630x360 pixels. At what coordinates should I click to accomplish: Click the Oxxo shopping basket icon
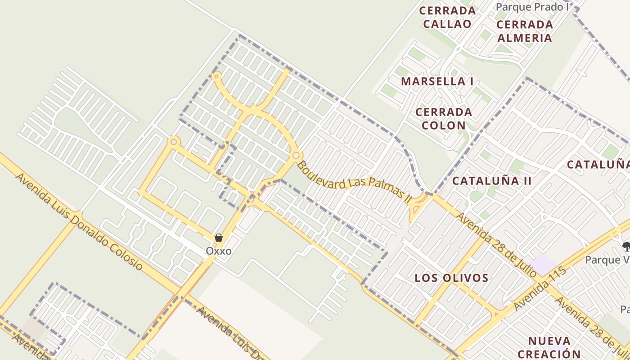coord(219,238)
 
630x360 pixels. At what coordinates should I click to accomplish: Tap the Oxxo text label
coord(219,251)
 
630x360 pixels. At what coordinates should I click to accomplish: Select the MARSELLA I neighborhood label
coord(437,81)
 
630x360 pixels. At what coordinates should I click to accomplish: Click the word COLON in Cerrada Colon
coord(444,125)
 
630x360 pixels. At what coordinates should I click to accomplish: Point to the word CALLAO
coord(447,24)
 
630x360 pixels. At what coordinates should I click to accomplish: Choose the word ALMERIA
coord(524,37)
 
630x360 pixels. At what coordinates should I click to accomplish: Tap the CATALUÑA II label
coord(492,181)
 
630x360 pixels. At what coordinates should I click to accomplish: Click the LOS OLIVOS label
coord(451,278)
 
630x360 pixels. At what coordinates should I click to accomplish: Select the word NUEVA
coord(549,341)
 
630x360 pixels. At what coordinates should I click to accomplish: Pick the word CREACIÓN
coord(549,354)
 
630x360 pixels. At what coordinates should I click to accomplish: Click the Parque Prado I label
coord(532,7)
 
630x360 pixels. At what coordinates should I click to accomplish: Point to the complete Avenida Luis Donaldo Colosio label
coord(79,221)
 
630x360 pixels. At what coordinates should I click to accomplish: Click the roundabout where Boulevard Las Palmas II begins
coord(296,155)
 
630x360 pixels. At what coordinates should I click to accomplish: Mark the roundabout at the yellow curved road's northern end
coord(217,76)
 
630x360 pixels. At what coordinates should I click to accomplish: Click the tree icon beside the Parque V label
coord(626,246)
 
